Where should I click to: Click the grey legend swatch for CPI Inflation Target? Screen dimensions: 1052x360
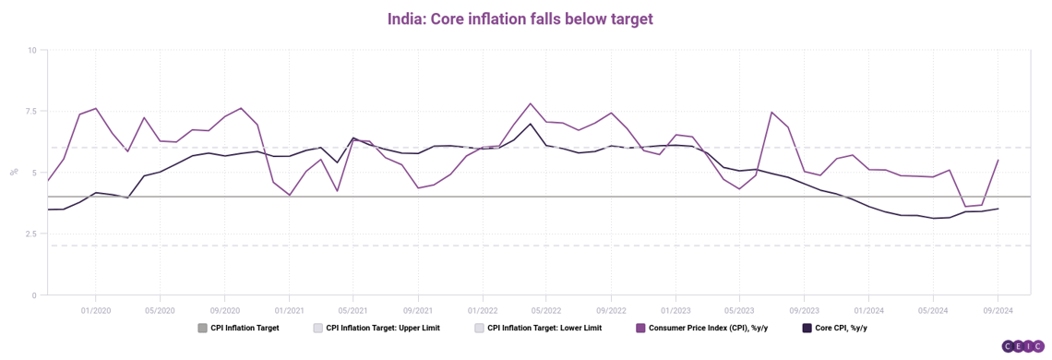[202, 329]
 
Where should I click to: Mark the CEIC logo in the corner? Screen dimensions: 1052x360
[1023, 346]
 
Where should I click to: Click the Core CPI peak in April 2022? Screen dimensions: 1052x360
[530, 124]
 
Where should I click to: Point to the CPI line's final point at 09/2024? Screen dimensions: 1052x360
[998, 160]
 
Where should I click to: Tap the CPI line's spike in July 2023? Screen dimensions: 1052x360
[771, 113]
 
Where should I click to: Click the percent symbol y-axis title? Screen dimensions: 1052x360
[14, 172]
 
